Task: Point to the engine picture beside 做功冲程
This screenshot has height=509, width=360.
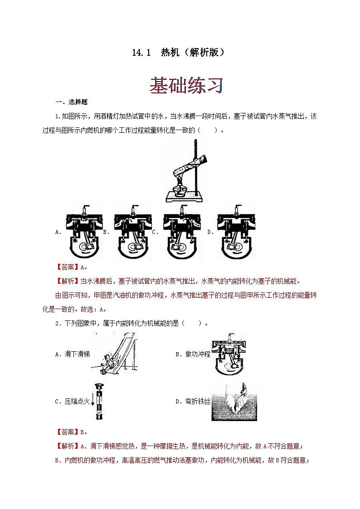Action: point(229,354)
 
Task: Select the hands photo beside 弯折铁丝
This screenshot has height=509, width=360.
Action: point(234,401)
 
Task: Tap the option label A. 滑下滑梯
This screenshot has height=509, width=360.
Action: point(72,354)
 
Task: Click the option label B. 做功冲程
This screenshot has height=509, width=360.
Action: point(193,354)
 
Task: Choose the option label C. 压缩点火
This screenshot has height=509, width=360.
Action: point(73,401)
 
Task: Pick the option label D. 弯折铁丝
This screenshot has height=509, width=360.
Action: point(193,401)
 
